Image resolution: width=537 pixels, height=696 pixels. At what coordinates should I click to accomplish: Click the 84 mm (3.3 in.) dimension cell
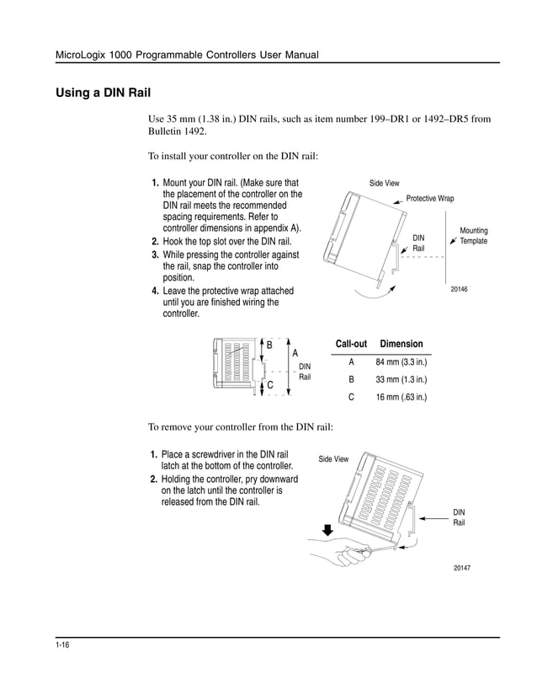[x=401, y=363]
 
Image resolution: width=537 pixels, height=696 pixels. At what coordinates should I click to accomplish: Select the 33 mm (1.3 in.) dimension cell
[x=401, y=380]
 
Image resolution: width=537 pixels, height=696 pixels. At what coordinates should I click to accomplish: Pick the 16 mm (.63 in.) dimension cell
[x=401, y=397]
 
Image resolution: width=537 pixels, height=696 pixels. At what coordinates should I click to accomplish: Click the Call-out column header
[x=351, y=345]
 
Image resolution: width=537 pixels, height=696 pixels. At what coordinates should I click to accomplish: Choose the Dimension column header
[x=401, y=345]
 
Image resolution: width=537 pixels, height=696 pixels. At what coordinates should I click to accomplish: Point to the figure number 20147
[x=461, y=569]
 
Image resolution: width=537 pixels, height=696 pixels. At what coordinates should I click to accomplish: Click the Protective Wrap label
[x=429, y=199]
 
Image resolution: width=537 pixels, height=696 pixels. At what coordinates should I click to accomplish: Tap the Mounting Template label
[x=473, y=236]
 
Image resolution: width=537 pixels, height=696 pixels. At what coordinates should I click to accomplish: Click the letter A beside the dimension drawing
[x=295, y=353]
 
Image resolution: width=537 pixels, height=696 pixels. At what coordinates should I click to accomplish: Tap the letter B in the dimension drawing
[x=269, y=345]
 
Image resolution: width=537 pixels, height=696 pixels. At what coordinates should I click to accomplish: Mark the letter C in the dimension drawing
[x=269, y=385]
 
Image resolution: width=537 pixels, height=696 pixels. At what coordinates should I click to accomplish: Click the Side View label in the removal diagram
[x=333, y=459]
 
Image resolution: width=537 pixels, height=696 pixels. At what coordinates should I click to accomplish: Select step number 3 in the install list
[x=156, y=254]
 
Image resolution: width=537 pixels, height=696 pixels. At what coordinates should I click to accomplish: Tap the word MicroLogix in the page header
[x=81, y=56]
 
